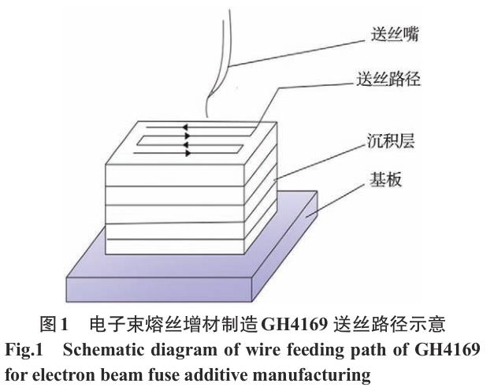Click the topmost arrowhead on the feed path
(x=185, y=126)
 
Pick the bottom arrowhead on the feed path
(x=185, y=153)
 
